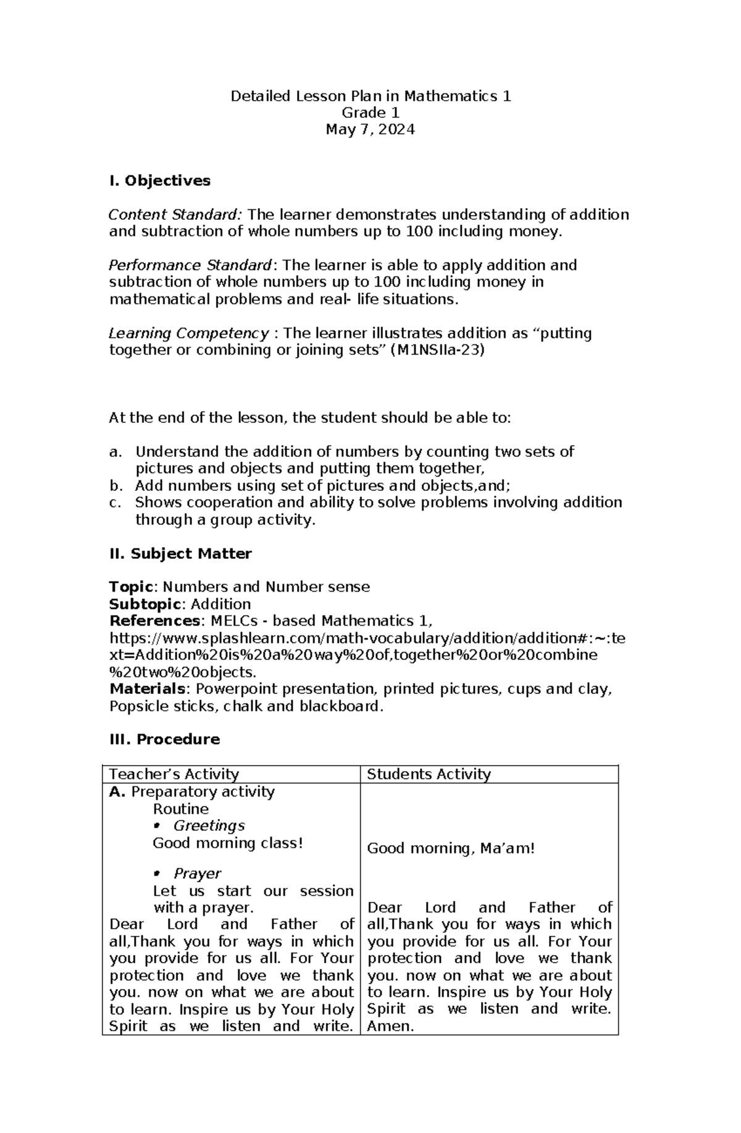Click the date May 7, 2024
(x=371, y=130)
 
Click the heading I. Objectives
(x=159, y=181)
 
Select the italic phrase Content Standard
(x=174, y=215)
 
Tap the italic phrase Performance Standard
(x=190, y=265)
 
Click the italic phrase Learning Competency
(x=188, y=333)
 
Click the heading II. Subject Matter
(x=180, y=554)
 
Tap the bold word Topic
(x=130, y=587)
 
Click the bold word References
(x=154, y=621)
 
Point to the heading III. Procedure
(x=164, y=740)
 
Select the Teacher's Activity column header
(x=174, y=774)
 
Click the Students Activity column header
(x=429, y=774)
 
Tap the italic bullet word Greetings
(x=209, y=826)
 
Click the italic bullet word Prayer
(x=197, y=874)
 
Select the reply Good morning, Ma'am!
(x=451, y=848)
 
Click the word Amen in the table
(x=389, y=1026)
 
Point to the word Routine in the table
(x=180, y=809)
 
